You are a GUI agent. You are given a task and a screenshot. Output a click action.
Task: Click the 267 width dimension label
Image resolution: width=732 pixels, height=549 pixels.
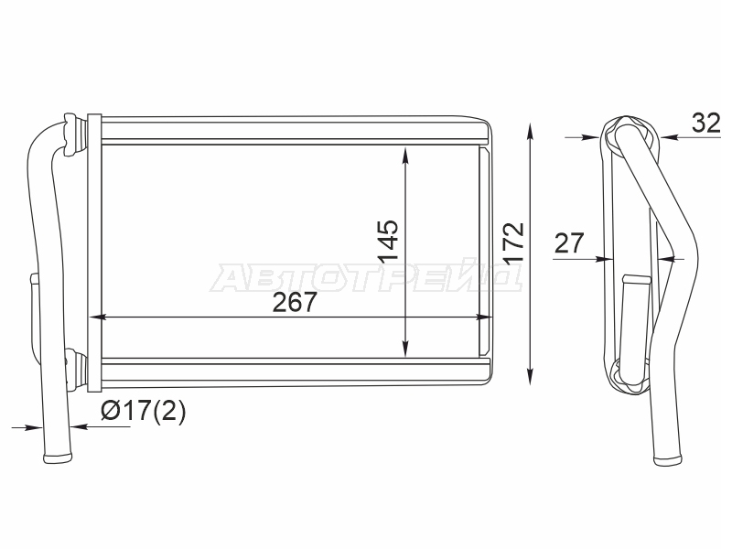[295, 302]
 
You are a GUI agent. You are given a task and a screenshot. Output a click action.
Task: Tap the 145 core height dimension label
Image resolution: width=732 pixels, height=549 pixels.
[388, 241]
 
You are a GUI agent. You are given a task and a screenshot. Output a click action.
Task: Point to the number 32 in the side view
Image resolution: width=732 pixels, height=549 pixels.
[705, 124]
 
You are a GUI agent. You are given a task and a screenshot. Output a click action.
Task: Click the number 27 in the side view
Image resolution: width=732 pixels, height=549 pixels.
[569, 242]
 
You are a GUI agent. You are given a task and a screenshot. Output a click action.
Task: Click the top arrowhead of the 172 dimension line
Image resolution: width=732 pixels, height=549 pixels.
[530, 131]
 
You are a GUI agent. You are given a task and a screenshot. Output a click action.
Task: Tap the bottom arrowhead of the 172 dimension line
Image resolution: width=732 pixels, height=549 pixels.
[530, 376]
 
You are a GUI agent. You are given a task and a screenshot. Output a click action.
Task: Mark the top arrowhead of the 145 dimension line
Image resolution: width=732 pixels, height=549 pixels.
[405, 156]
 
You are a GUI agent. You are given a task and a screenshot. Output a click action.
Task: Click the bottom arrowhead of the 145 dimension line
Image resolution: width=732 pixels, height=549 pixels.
[405, 349]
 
